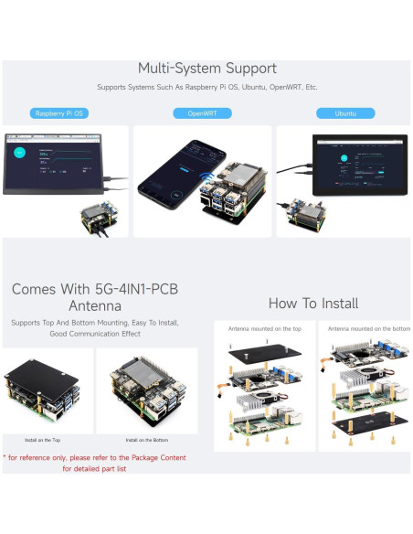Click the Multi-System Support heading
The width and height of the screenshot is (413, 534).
[206, 69]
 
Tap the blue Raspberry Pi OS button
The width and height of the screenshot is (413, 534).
[59, 113]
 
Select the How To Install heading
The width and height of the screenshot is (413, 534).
[312, 304]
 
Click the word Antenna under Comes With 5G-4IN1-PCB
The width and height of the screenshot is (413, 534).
[94, 306]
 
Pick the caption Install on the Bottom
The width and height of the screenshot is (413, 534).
[147, 440]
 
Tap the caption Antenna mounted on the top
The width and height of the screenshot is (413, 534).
[262, 328]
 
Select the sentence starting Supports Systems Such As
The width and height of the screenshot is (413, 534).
[206, 88]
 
